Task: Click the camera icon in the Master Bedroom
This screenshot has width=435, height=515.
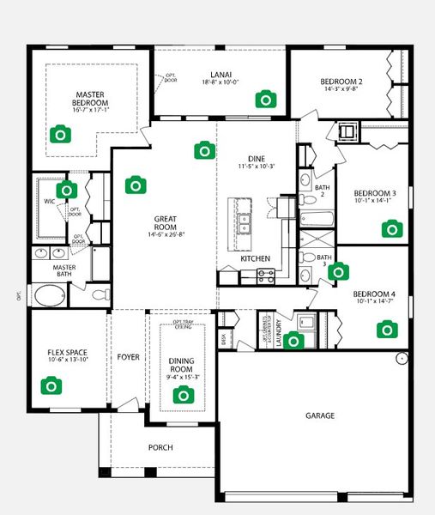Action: coord(59,134)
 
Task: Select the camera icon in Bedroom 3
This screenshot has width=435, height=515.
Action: coord(392,228)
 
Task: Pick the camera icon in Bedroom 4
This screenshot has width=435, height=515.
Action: coord(387,329)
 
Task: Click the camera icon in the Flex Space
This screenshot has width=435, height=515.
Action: coord(51,386)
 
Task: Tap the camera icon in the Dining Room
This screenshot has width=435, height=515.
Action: coord(183,395)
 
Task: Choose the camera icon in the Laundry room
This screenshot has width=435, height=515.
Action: coord(293,341)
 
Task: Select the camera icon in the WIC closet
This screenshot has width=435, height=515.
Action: coord(64,191)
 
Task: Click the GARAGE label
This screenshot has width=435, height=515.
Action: coord(320,415)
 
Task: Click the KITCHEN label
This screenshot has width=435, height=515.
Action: coord(256,258)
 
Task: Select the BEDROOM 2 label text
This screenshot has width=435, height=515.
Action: coord(343,82)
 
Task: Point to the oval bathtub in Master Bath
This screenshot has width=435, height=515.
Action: coord(48,297)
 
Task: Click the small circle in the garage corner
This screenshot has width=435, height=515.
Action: coord(401,358)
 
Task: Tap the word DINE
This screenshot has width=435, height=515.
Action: coord(257,159)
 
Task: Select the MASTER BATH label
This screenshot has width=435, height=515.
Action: coord(64,271)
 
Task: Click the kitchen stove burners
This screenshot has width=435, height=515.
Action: coord(266,276)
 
